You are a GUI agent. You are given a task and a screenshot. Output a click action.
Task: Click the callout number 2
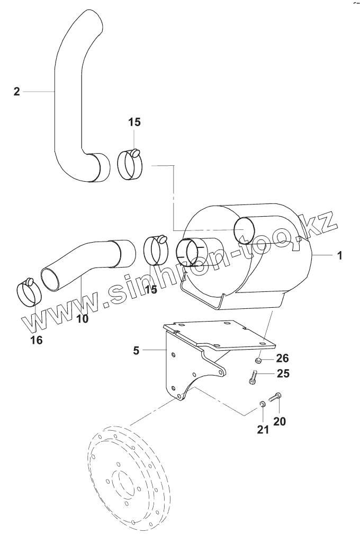tap(16, 92)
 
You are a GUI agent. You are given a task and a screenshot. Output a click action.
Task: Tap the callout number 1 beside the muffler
tap(339, 255)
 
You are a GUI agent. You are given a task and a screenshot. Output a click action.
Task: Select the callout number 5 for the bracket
tap(136, 350)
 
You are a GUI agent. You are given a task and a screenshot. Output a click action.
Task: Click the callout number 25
tap(283, 374)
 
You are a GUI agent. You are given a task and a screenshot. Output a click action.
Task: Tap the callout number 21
tap(263, 429)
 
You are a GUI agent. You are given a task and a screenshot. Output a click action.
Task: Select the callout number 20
tap(279, 422)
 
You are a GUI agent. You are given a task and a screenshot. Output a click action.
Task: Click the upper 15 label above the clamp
tap(134, 122)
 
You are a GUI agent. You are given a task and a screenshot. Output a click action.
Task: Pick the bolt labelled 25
tap(253, 378)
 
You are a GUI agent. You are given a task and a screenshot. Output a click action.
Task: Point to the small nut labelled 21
tap(262, 405)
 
